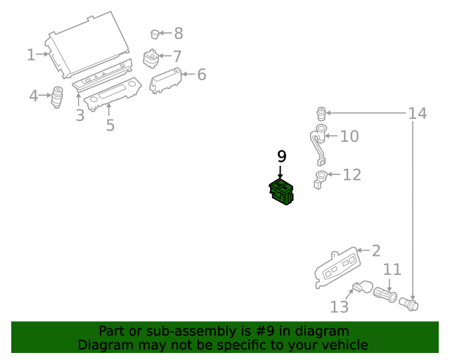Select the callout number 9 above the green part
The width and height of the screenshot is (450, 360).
(x=281, y=156)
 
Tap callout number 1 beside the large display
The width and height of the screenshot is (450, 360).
(x=31, y=54)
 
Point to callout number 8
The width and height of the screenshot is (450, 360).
(x=178, y=33)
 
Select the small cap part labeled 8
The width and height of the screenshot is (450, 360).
(x=155, y=33)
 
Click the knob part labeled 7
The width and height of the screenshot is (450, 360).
(x=151, y=58)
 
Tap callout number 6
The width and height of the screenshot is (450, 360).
(x=201, y=75)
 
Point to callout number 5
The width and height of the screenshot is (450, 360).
(x=110, y=126)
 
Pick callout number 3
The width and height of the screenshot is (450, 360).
(x=80, y=115)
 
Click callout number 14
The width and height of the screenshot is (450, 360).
(x=418, y=112)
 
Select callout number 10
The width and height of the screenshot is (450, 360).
(x=349, y=136)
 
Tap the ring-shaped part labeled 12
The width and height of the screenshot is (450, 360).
(x=320, y=176)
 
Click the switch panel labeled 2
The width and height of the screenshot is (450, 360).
(x=335, y=267)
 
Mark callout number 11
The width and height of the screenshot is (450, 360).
(x=392, y=269)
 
